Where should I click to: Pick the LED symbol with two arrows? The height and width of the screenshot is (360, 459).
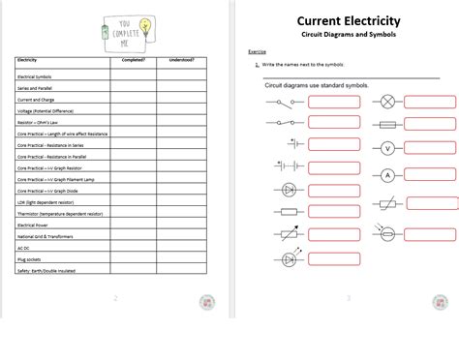pos(288,259)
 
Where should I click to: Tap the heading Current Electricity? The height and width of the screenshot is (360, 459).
pos(348,20)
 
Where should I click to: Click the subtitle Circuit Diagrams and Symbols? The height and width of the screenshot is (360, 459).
pos(348,36)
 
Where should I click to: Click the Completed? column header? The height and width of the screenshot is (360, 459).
pos(133,60)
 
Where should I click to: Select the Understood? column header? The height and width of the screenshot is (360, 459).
pos(181,60)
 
